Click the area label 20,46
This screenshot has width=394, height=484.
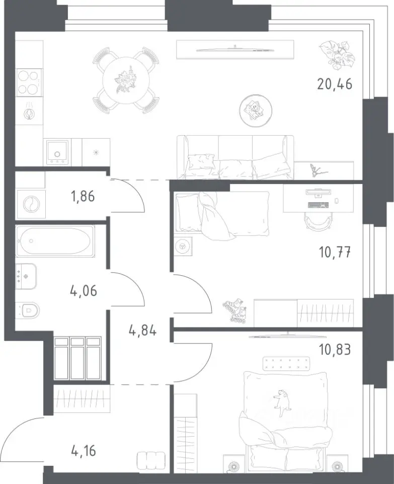335,84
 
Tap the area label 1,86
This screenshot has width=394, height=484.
83,196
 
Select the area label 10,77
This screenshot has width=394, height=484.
335,252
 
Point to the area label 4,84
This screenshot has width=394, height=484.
142,331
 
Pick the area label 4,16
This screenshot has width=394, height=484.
83,451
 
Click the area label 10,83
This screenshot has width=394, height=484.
335,350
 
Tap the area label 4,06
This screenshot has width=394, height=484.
84,291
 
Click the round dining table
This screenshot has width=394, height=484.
126,81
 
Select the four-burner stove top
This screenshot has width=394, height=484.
29,82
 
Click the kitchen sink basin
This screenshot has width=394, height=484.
57,152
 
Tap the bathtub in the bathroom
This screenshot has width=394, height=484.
55,241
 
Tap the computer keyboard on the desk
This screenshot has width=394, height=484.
318,205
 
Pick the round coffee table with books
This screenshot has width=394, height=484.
256,110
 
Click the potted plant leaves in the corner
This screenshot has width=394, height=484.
337,55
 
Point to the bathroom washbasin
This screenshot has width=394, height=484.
26,276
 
